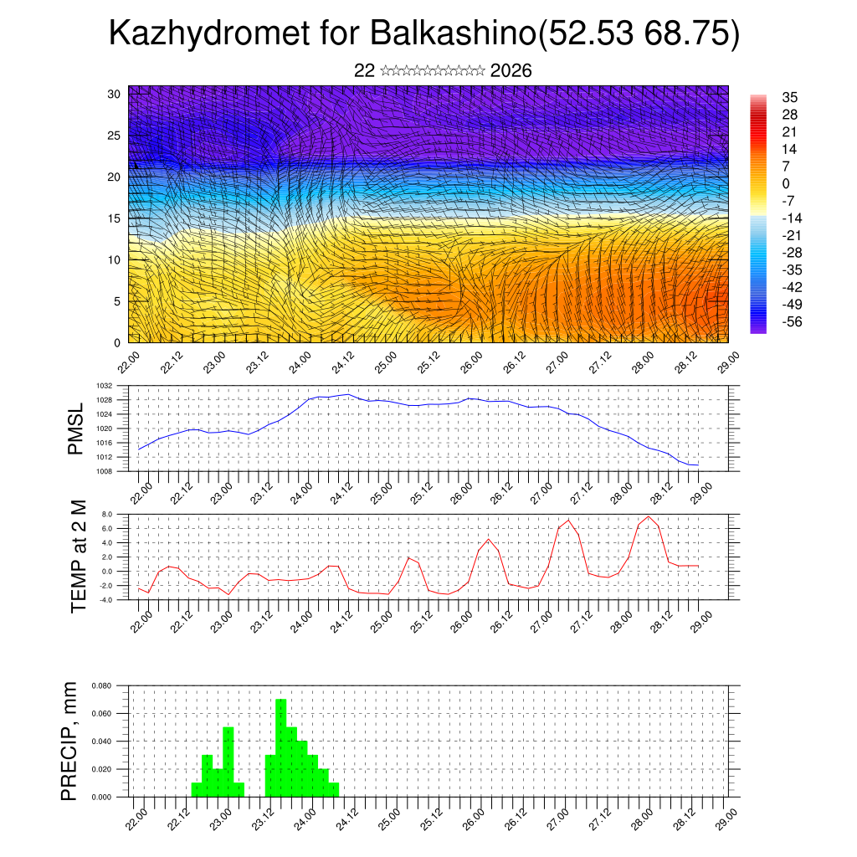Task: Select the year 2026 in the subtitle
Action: click(x=511, y=70)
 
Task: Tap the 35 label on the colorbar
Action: click(x=789, y=97)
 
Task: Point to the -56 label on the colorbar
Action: click(x=790, y=321)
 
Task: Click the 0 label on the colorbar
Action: click(x=786, y=183)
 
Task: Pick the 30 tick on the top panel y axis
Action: click(x=115, y=94)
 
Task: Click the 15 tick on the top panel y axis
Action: click(x=115, y=218)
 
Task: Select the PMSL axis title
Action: click(x=76, y=429)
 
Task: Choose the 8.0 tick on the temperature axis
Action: click(x=107, y=514)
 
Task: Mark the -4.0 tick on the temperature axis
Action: click(x=105, y=599)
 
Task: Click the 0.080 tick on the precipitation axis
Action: click(x=102, y=685)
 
